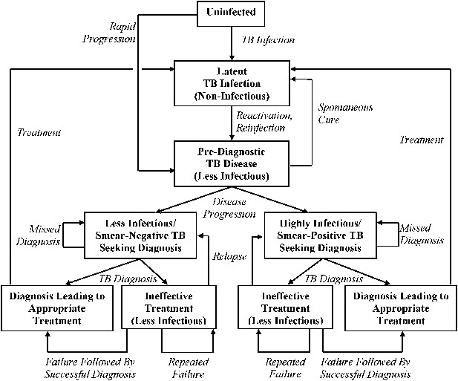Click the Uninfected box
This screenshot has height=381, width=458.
point(231,13)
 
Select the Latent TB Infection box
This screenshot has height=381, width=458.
point(232,83)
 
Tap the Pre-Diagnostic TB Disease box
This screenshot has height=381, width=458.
point(232,163)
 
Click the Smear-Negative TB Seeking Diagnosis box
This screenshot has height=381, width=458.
point(140,235)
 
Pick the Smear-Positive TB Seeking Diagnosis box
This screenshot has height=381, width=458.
point(321,235)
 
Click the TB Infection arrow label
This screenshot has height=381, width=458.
point(268,40)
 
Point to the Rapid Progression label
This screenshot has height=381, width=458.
point(109,33)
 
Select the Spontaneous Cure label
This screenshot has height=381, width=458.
point(345,114)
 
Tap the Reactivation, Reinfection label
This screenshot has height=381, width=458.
point(264,122)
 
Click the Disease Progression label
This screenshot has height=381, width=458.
point(229,208)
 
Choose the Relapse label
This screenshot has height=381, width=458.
point(229,256)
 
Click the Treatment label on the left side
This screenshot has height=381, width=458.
point(39,132)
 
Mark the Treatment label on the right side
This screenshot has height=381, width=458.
point(422,140)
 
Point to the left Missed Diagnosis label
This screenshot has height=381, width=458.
point(39,235)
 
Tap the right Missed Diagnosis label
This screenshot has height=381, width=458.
point(422,234)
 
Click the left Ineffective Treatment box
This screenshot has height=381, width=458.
point(169,308)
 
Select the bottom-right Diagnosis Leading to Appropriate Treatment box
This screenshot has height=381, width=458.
point(401,308)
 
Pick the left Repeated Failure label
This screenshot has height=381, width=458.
point(188,368)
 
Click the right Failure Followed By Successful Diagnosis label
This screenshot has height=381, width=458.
point(365,368)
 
